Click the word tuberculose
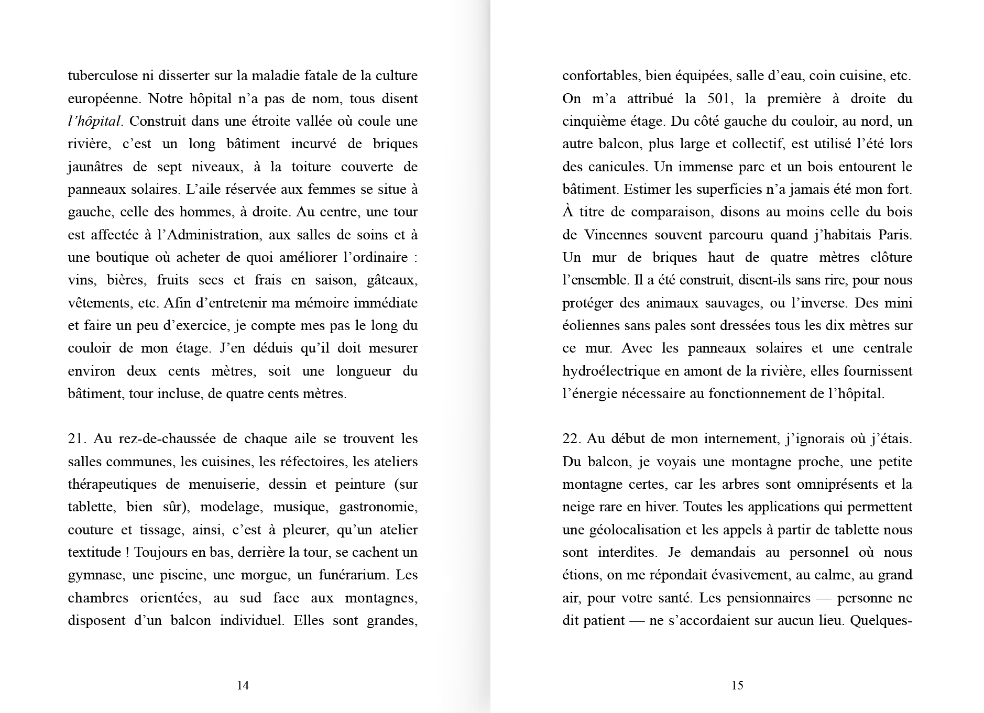pyautogui.click(x=103, y=76)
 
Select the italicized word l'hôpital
pyautogui.click(x=94, y=122)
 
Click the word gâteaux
pyautogui.click(x=392, y=280)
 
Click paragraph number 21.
pyautogui.click(x=77, y=439)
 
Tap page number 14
pyautogui.click(x=243, y=685)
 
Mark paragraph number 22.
pyautogui.click(x=571, y=439)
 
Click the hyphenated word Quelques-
pyautogui.click(x=881, y=621)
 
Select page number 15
pyautogui.click(x=737, y=685)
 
